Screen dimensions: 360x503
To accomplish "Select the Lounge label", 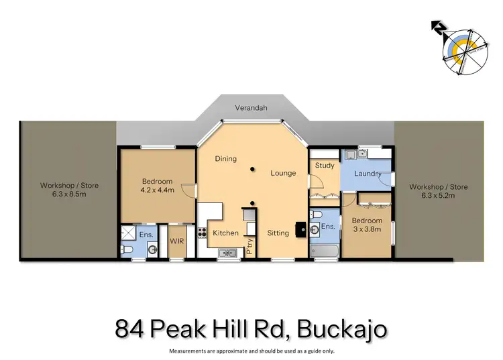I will [x=283, y=173].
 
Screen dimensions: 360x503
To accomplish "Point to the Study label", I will [x=324, y=166].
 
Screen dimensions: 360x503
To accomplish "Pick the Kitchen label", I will [x=225, y=233].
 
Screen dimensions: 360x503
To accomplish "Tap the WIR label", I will [x=177, y=240].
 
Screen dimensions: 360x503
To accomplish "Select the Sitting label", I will [x=278, y=233].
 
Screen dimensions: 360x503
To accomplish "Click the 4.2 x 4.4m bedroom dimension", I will [x=157, y=190].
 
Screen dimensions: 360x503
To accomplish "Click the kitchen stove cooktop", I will [x=202, y=233].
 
